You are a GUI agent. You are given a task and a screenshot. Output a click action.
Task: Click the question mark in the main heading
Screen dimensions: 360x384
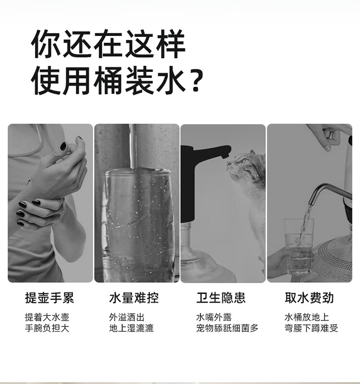pyautogui.click(x=198, y=81)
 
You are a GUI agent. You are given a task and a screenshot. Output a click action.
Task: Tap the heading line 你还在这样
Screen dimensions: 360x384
pyautogui.click(x=108, y=44)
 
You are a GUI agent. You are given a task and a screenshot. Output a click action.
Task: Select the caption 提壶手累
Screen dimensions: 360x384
pyautogui.click(x=49, y=298)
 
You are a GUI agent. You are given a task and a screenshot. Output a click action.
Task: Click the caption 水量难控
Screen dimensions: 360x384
pyautogui.click(x=133, y=298)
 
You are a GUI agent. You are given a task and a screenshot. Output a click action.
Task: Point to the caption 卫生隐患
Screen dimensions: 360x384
pyautogui.click(x=221, y=298)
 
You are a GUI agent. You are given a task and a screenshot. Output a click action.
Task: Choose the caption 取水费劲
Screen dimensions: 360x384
pyautogui.click(x=309, y=298)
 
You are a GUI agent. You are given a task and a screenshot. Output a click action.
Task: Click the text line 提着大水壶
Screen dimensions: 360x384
pyautogui.click(x=47, y=317)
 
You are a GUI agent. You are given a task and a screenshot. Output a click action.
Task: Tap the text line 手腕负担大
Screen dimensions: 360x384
pyautogui.click(x=47, y=328)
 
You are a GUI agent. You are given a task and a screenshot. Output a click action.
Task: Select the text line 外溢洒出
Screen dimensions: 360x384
pyautogui.click(x=127, y=317)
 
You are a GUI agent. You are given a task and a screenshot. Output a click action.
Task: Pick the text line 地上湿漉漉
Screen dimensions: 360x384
pyautogui.click(x=131, y=328)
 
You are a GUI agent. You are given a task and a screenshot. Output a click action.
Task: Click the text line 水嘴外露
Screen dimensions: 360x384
pyautogui.click(x=214, y=317)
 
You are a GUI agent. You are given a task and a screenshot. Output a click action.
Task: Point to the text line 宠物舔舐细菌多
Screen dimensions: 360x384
pyautogui.click(x=228, y=328)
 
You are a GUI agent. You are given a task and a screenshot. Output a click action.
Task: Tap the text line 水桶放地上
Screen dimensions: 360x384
pyautogui.click(x=307, y=317)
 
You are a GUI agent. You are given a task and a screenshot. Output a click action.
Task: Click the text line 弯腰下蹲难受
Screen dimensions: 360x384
pyautogui.click(x=311, y=328)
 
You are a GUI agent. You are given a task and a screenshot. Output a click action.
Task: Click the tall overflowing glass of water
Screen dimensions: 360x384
pyautogui.click(x=139, y=225)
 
